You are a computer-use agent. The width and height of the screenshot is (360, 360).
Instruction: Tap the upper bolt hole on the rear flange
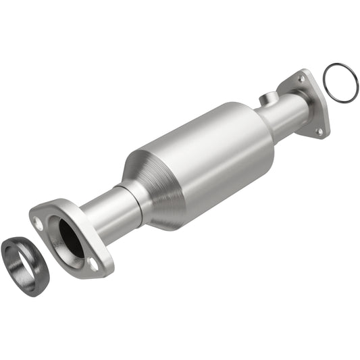click(x=301, y=79)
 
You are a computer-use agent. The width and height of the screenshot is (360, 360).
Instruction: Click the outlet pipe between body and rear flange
click(x=284, y=115)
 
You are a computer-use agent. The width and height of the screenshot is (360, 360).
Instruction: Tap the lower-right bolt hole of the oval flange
click(x=94, y=265)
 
